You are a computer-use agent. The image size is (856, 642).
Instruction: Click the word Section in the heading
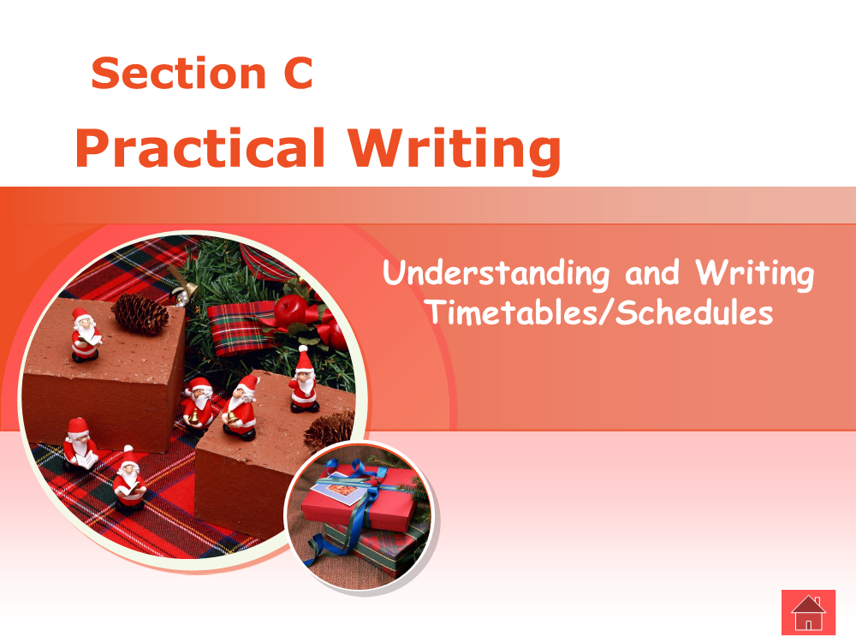point(179,73)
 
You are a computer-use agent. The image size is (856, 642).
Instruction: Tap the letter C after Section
point(298,73)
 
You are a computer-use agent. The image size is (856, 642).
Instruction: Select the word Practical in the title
point(200,148)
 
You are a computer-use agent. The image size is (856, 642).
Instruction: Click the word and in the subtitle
point(652,273)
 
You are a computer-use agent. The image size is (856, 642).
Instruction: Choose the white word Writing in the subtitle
point(754,273)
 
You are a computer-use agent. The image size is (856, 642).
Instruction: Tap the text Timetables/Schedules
point(601,312)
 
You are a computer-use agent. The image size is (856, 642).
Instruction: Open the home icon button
point(809,613)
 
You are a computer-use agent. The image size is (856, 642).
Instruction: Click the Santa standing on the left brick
point(86,335)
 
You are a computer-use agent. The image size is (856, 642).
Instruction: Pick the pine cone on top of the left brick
point(140,313)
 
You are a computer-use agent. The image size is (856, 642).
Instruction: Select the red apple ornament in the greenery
point(290,310)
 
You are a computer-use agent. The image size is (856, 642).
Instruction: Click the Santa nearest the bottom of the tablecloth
point(129,479)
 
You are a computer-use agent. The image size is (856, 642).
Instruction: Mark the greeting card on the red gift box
point(339,492)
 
